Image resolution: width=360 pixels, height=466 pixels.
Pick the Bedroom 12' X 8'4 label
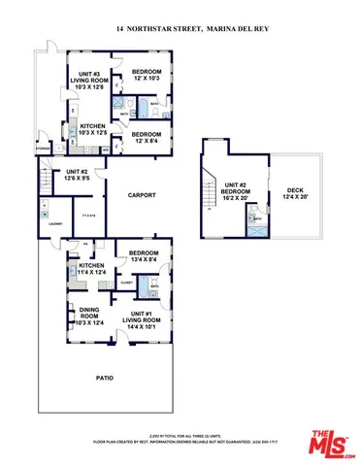click(146, 137)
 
